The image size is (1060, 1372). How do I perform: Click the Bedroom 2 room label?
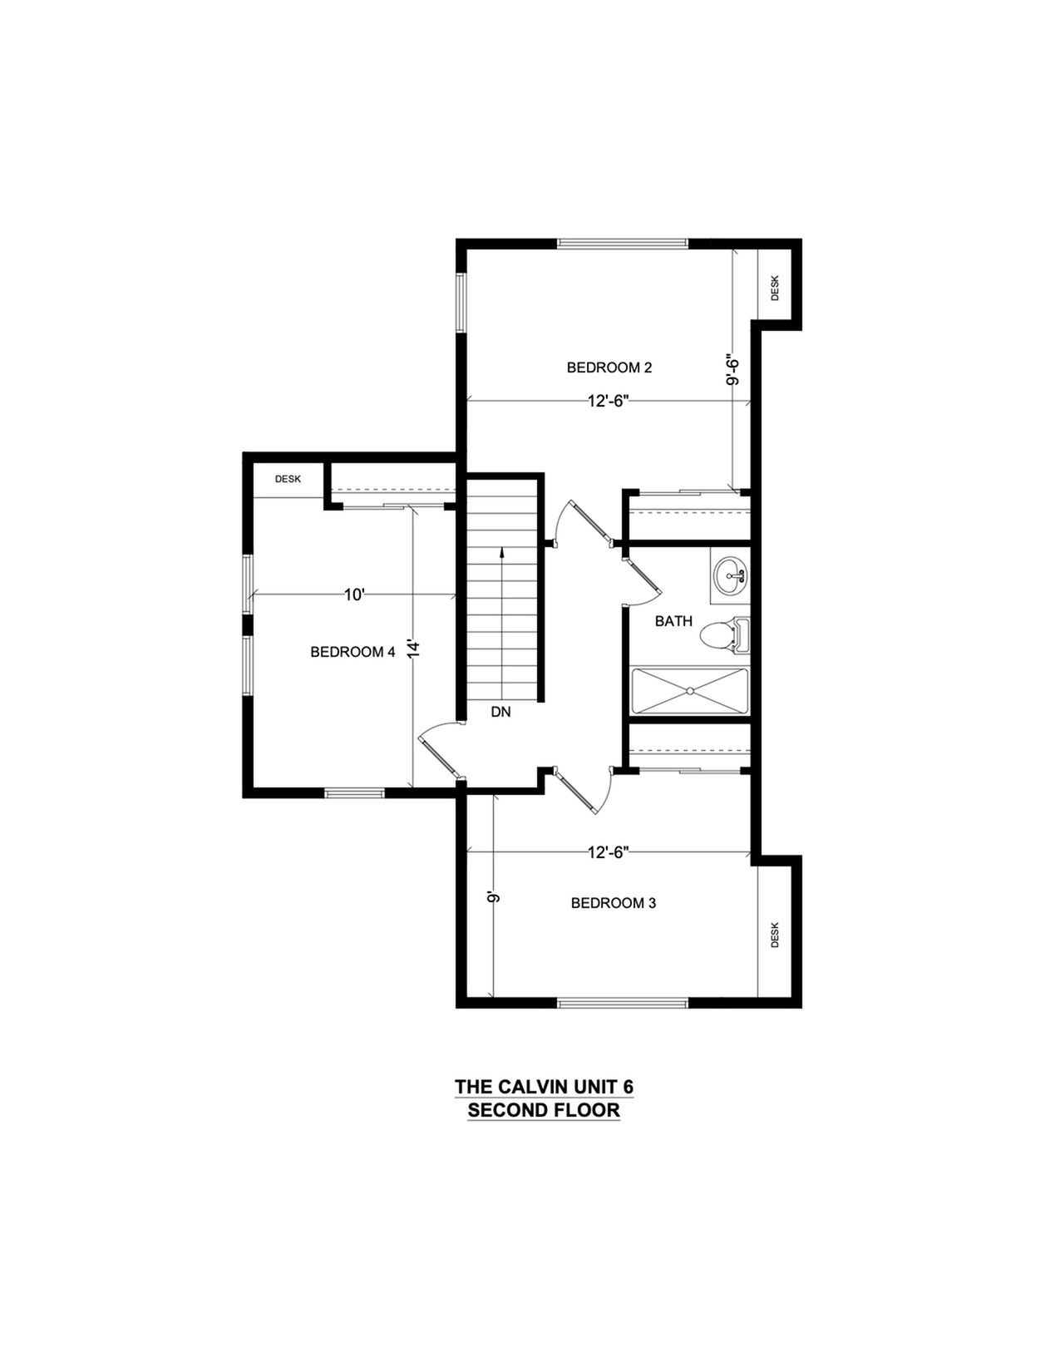click(609, 368)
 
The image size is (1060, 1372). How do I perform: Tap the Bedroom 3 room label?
click(613, 903)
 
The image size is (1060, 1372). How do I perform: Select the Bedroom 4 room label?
click(353, 652)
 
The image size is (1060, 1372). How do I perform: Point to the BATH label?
click(673, 621)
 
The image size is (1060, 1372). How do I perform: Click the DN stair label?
click(500, 713)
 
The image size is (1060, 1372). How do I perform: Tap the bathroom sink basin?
click(731, 575)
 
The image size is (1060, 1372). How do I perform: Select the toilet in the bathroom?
click(725, 635)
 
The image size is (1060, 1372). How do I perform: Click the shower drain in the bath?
click(690, 691)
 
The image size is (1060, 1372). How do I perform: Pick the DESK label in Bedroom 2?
click(776, 288)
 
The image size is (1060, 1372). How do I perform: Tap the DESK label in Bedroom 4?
click(288, 479)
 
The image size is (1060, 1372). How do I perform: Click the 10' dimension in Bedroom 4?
click(355, 595)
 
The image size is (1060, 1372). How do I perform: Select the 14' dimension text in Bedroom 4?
click(413, 650)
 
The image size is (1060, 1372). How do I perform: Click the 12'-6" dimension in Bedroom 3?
click(609, 852)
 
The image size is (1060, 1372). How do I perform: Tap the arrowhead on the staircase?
click(502, 552)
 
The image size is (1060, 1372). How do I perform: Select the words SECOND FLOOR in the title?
click(544, 1110)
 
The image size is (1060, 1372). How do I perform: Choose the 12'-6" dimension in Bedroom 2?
click(609, 401)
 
